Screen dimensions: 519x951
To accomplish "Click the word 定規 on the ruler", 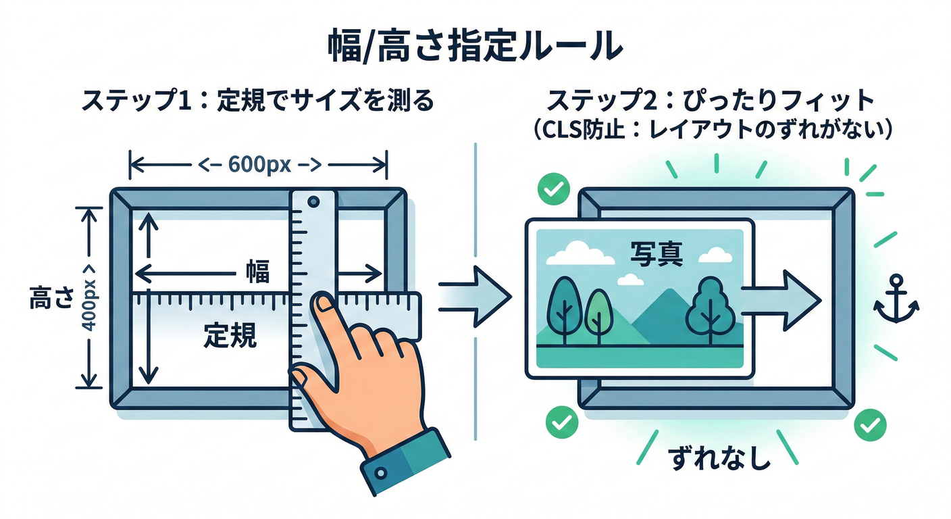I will pos(230,336).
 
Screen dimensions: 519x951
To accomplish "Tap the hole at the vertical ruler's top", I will pos(313,201).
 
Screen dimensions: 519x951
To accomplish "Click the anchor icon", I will pos(896,302).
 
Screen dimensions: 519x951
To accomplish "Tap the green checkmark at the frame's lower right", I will pos(870,424).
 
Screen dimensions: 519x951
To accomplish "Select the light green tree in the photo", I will pos(597,313).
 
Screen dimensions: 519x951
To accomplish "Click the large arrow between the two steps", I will pos(477,296).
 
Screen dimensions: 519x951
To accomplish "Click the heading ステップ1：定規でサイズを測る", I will pos(257,102).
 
